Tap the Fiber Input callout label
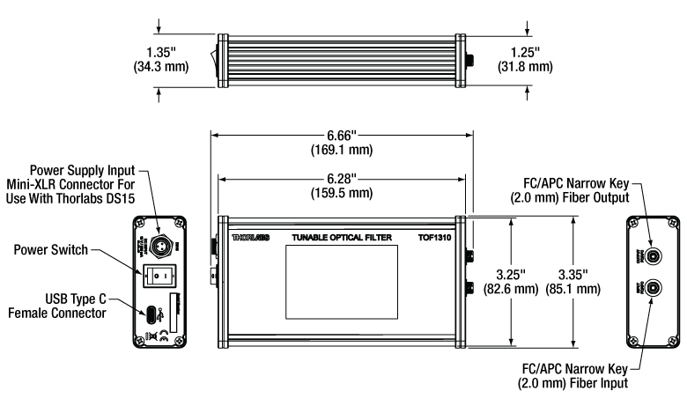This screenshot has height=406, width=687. click(x=569, y=377)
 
